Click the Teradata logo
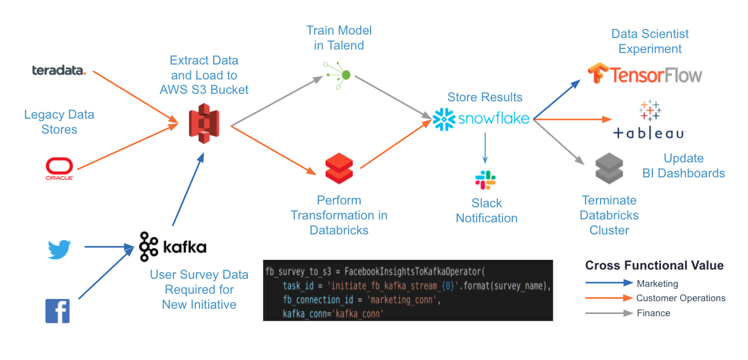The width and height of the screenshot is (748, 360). coord(59,71)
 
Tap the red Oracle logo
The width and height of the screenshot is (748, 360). coord(59,169)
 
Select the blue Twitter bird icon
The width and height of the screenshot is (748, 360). coord(59,249)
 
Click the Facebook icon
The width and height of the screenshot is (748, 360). coord(58,310)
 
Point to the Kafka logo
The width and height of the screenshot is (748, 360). coord(172,247)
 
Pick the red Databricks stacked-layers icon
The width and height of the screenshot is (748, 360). coord(339,167)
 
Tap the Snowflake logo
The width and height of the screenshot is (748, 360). coord(481,119)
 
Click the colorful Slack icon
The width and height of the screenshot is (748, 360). coord(486,180)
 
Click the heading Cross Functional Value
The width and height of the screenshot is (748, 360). coord(654,266)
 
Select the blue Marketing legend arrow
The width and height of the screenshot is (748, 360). coord(609,283)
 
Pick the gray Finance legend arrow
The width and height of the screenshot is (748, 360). coord(609,313)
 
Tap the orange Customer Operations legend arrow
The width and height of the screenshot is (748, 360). coord(609,298)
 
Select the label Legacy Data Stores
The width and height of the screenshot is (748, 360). coord(59,122)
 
